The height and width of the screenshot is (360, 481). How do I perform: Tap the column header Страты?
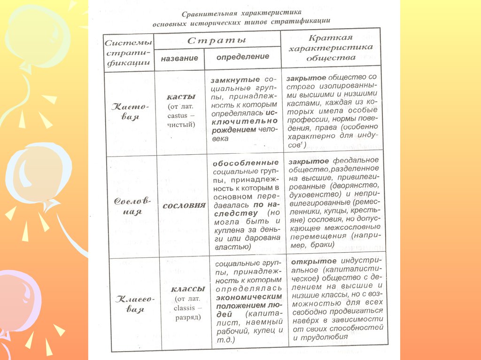coord(217,40)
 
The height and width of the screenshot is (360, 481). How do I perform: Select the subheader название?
coord(179,58)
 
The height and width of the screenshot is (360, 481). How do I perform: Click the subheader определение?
coord(243,56)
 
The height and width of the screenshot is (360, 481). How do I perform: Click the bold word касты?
coord(181,97)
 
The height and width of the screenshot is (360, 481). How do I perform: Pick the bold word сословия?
coord(184,205)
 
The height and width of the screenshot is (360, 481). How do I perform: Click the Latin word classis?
coord(187,307)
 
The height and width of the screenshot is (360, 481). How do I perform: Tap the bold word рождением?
coord(233,130)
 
